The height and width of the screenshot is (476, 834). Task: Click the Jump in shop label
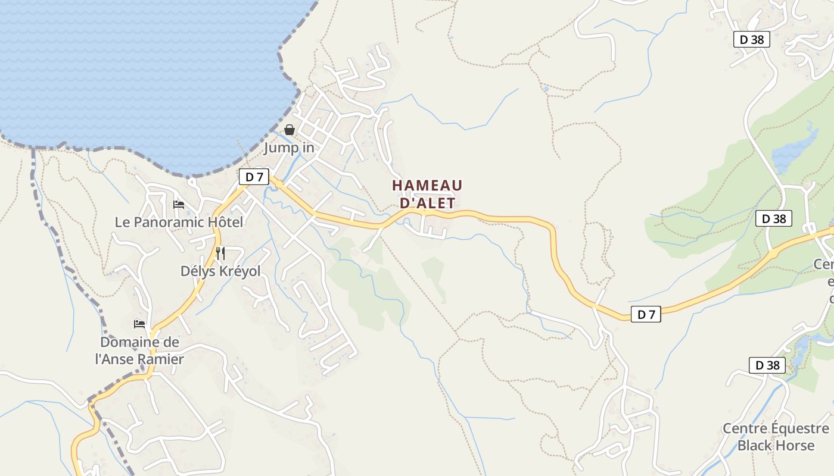tap(289, 148)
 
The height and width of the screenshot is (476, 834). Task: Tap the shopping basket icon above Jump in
tap(290, 130)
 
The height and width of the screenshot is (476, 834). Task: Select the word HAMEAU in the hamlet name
tap(427, 186)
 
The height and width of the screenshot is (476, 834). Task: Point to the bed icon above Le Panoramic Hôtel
tap(179, 205)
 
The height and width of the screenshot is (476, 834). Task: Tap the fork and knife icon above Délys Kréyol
tap(220, 253)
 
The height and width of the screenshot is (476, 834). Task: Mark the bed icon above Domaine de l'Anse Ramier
tap(139, 324)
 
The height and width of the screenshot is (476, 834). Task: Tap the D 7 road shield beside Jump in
tap(254, 177)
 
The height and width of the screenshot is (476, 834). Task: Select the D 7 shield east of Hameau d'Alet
tap(646, 314)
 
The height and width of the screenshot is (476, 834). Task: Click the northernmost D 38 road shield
tap(751, 40)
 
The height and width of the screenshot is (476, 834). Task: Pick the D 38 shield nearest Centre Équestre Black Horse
tap(767, 365)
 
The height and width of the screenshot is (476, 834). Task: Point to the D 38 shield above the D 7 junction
tap(774, 218)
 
